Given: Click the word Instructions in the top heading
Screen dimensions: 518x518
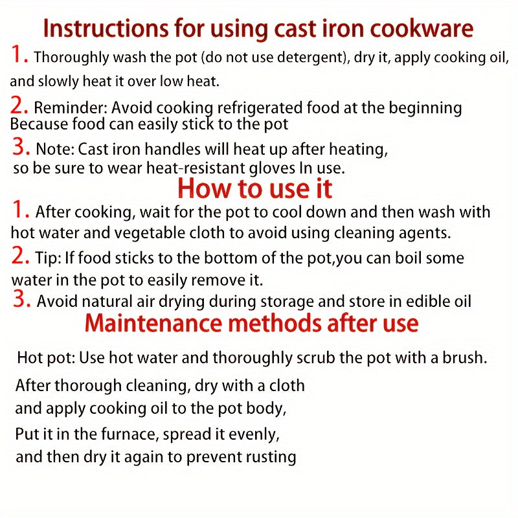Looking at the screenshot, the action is [x=106, y=28].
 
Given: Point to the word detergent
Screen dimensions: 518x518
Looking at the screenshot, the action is [x=311, y=57].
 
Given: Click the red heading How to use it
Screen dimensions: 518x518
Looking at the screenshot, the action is [x=254, y=188].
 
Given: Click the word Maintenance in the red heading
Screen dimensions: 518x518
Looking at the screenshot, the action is [x=153, y=323].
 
